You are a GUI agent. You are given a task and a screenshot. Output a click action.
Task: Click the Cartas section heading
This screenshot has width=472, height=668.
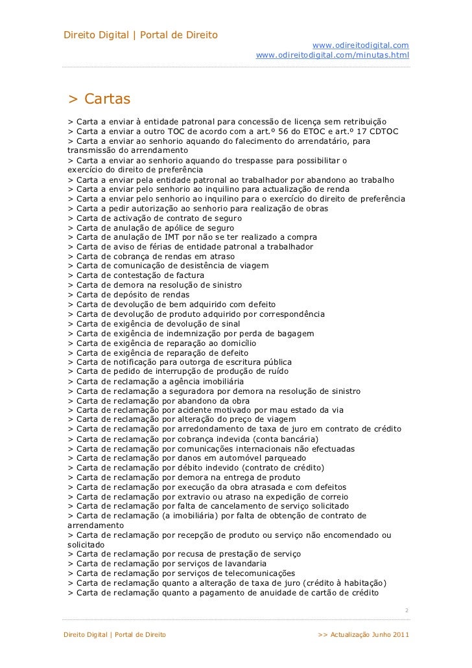(99, 98)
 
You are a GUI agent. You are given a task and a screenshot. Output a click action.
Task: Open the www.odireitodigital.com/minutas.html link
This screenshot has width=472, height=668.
(333, 55)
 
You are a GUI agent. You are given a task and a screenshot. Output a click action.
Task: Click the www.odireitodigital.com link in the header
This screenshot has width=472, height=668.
(360, 45)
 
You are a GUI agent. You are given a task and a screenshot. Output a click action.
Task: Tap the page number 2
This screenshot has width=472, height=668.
(406, 610)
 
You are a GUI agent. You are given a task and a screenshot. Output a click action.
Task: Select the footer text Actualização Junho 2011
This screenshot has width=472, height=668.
(368, 633)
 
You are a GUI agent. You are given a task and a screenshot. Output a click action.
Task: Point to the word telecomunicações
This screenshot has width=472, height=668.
(256, 573)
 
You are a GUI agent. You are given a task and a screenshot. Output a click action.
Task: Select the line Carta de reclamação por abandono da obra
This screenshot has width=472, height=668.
(158, 401)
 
